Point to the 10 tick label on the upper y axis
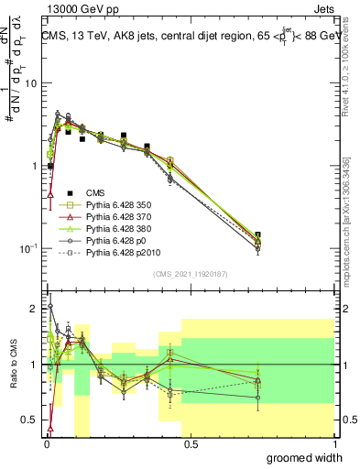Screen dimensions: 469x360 (29, 83)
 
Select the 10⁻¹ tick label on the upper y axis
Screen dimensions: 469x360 (27, 248)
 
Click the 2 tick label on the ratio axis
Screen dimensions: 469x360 (33, 309)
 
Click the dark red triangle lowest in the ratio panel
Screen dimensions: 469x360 (49, 427)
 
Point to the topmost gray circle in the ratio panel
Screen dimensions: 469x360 (49, 307)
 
